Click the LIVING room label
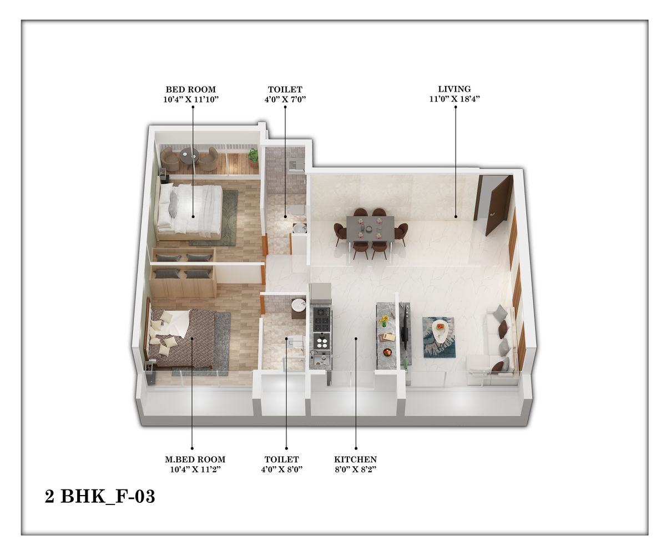[x=454, y=89]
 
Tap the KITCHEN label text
[x=355, y=460]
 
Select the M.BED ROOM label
[x=195, y=460]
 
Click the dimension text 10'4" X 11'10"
[x=191, y=99]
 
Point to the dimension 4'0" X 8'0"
[x=281, y=469]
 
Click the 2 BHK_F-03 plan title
[x=100, y=496]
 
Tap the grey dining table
[x=370, y=229]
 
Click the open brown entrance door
[x=498, y=206]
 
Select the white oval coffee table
[x=442, y=331]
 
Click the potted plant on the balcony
[x=253, y=158]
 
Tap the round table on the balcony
[x=189, y=156]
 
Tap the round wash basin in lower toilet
[x=298, y=304]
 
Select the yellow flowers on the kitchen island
[x=384, y=321]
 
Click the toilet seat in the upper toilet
[x=298, y=210]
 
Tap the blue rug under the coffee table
[x=439, y=337]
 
